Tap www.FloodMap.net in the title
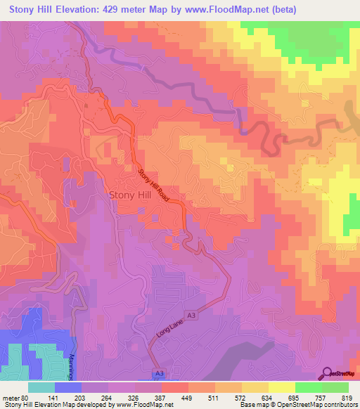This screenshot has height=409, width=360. coord(221,10)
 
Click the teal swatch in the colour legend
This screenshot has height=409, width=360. coord(42,387)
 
